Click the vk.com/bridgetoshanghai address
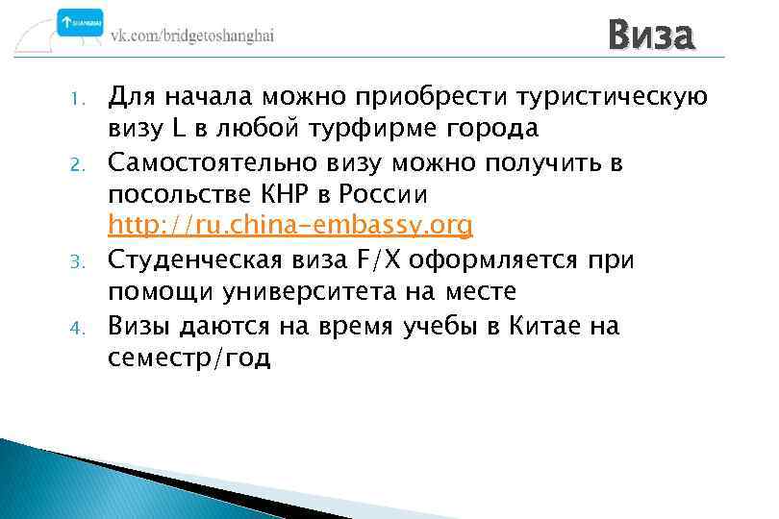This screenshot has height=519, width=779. point(192,34)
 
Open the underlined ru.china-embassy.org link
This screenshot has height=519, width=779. point(290,227)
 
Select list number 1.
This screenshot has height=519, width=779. point(81,98)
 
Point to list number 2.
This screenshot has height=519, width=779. point(81,164)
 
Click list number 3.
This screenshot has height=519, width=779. point(81,262)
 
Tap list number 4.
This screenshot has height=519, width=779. point(81,328)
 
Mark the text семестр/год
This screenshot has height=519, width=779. point(189,358)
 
